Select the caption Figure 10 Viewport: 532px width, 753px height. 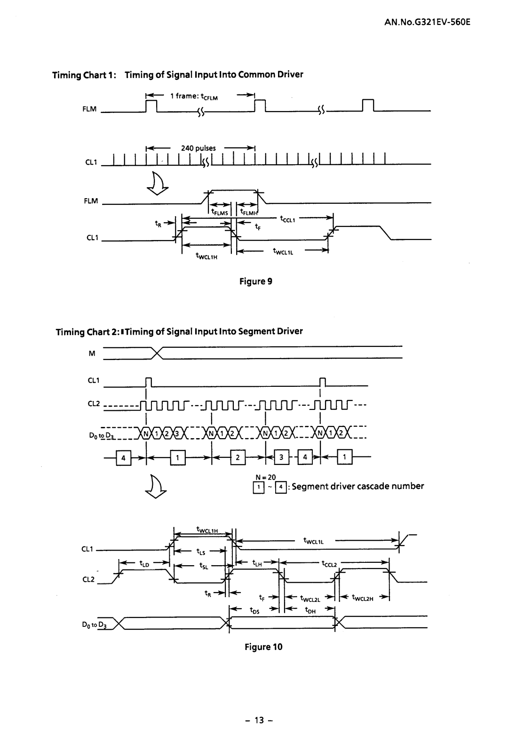pyautogui.click(x=263, y=647)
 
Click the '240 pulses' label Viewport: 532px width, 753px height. pyautogui.click(x=199, y=148)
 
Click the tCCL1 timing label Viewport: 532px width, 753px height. pyautogui.click(x=287, y=219)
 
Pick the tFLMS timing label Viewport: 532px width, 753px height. pyautogui.click(x=220, y=212)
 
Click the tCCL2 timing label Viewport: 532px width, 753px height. pyautogui.click(x=329, y=563)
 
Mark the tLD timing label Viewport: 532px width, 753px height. pyautogui.click(x=144, y=563)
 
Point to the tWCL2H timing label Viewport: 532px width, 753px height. pyautogui.click(x=363, y=599)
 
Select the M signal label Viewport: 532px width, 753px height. pyautogui.click(x=92, y=353)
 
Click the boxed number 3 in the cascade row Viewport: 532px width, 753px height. pyautogui.click(x=281, y=457)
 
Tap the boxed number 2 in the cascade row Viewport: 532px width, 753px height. pyautogui.click(x=238, y=457)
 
